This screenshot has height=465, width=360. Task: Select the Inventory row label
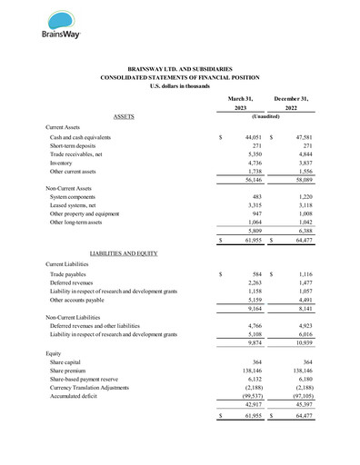[x=64, y=163]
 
